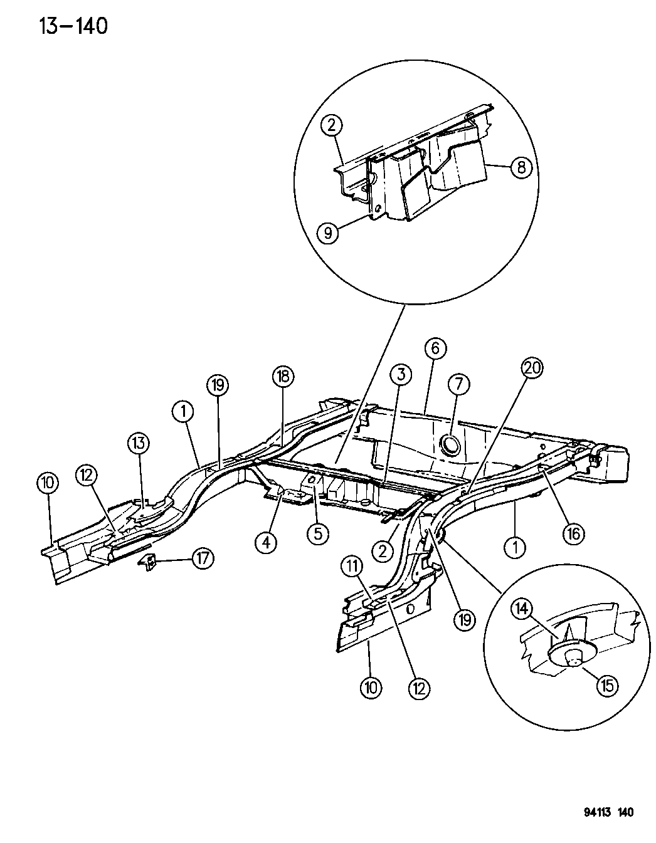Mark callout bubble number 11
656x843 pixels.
click(352, 567)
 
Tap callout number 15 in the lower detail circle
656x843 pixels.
click(607, 685)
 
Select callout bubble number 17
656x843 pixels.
click(202, 558)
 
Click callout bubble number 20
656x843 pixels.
click(532, 370)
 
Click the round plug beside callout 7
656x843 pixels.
click(450, 444)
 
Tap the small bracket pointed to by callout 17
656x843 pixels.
click(148, 562)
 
